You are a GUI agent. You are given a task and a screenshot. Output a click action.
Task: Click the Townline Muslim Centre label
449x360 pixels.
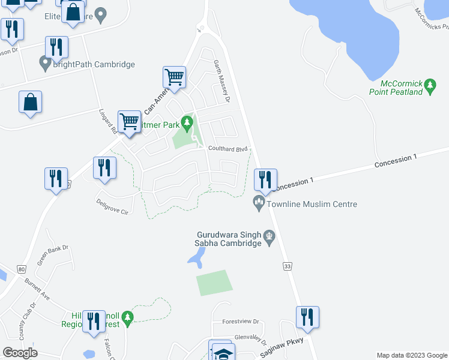pyautogui.click(x=312, y=205)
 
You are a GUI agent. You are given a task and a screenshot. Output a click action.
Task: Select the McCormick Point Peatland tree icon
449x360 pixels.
pyautogui.click(x=430, y=87)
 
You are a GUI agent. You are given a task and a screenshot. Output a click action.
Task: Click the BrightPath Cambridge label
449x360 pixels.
pyautogui.click(x=94, y=64)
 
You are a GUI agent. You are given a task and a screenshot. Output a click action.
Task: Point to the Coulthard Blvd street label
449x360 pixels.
pyautogui.click(x=228, y=149)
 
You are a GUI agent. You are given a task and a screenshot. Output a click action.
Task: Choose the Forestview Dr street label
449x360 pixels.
pyautogui.click(x=240, y=322)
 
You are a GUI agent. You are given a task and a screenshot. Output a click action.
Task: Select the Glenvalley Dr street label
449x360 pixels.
pyautogui.click(x=250, y=338)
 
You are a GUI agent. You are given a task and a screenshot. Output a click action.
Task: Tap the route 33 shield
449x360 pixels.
pyautogui.click(x=287, y=265)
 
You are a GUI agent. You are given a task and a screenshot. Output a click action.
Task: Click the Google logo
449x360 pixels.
pyautogui.click(x=20, y=353)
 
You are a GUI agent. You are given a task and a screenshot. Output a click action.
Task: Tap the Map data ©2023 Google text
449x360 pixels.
pyautogui.click(x=411, y=355)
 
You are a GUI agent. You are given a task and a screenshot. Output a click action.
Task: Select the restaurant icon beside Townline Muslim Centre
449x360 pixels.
pyautogui.click(x=265, y=179)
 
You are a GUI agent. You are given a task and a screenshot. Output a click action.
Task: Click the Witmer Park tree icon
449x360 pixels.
pyautogui.click(x=188, y=124)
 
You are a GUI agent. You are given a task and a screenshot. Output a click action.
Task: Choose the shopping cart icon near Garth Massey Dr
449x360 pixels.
pyautogui.click(x=174, y=77)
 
